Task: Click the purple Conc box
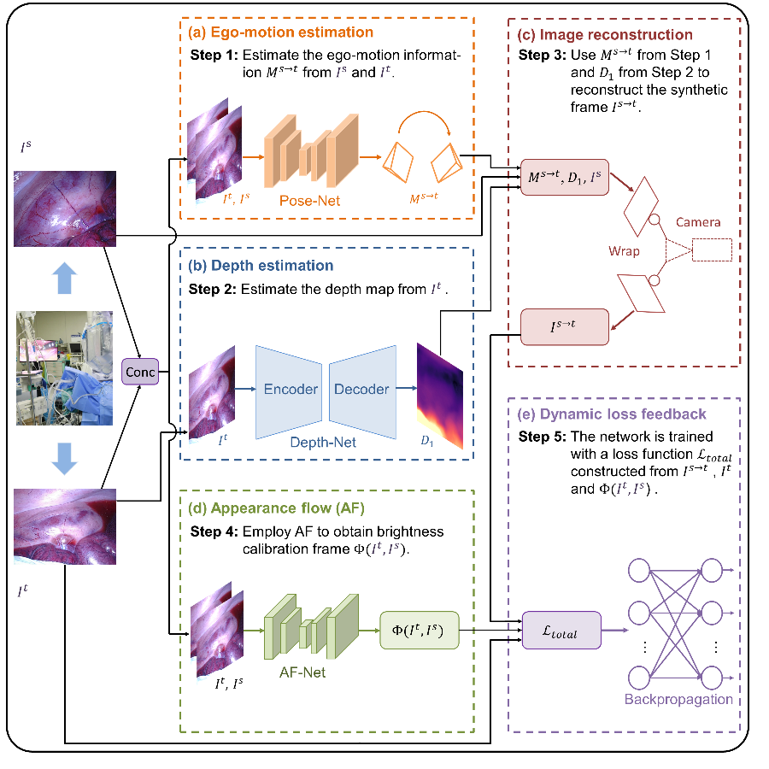click(x=139, y=373)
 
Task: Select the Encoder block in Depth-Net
click(x=290, y=390)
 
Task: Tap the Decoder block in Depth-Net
click(x=362, y=390)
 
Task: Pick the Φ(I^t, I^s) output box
click(x=419, y=630)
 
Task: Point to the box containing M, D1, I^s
click(x=564, y=177)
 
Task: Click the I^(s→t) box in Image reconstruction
click(x=564, y=326)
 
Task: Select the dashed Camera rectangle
click(x=711, y=249)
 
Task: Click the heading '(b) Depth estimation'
click(x=260, y=266)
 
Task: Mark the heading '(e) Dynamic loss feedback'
click(x=612, y=414)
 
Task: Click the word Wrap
click(x=625, y=252)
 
